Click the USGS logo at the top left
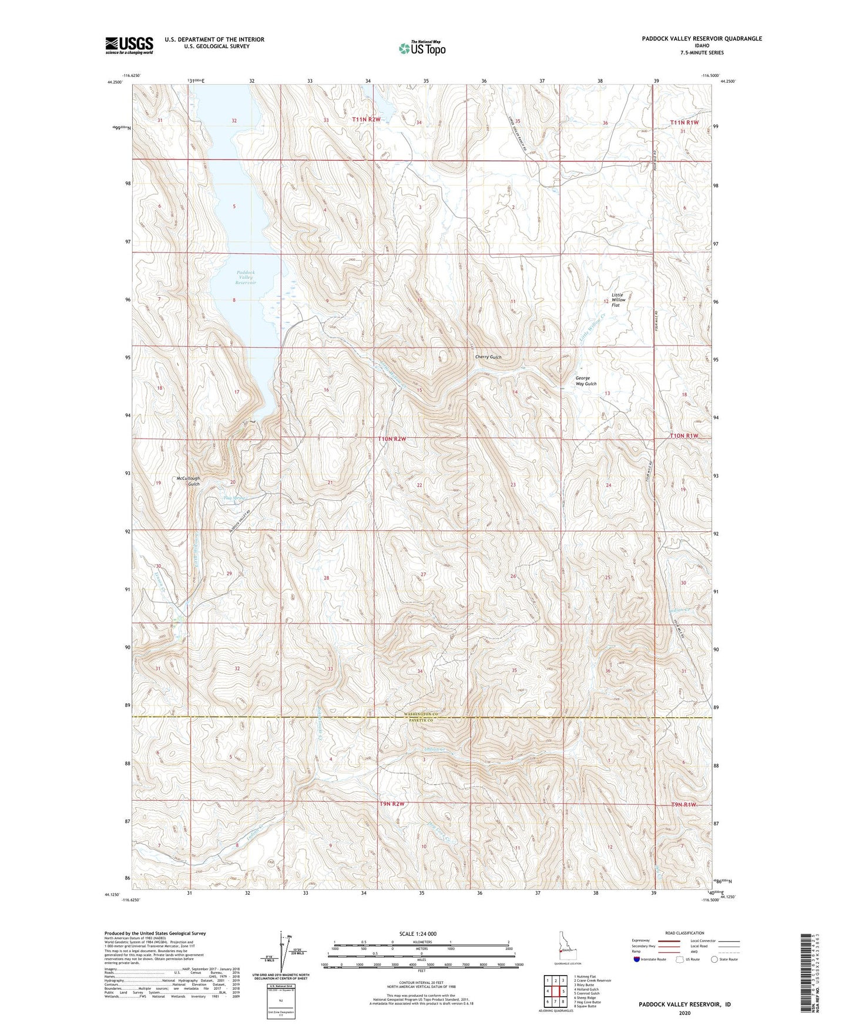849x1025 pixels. pyautogui.click(x=129, y=45)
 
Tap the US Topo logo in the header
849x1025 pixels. pyautogui.click(x=421, y=48)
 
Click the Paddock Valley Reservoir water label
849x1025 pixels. pyautogui.click(x=246, y=278)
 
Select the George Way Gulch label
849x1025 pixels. pyautogui.click(x=585, y=381)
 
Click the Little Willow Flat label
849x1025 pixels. pyautogui.click(x=618, y=300)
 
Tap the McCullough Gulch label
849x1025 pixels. pyautogui.click(x=188, y=481)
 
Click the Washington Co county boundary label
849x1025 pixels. pyautogui.click(x=421, y=713)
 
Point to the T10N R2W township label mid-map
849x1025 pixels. pyautogui.click(x=392, y=439)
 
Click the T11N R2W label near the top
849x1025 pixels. pyautogui.click(x=367, y=120)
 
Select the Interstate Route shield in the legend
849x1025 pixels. pyautogui.click(x=637, y=960)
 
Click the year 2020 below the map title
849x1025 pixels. pyautogui.click(x=684, y=1013)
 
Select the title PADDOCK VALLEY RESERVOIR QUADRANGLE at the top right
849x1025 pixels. pyautogui.click(x=702, y=39)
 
